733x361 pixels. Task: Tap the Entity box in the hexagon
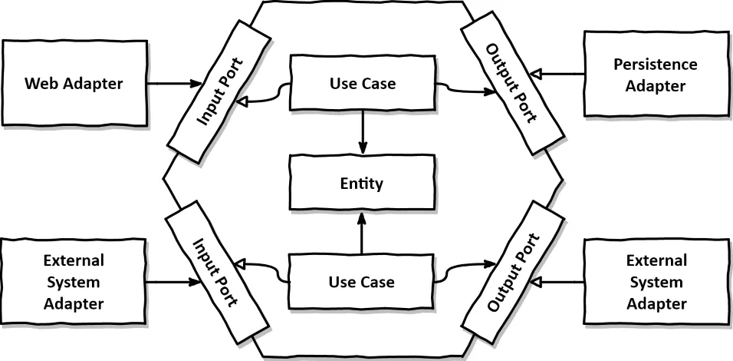click(x=362, y=183)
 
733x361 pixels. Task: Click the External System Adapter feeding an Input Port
click(x=74, y=282)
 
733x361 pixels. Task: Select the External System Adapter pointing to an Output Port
click(x=656, y=282)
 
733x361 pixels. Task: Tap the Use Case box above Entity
click(x=362, y=83)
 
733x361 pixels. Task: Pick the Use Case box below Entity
click(x=362, y=282)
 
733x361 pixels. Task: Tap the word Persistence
click(x=655, y=65)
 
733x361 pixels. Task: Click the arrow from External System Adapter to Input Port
click(x=173, y=281)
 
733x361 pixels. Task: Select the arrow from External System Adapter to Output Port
click(x=557, y=282)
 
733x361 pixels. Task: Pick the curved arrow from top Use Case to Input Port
click(x=265, y=94)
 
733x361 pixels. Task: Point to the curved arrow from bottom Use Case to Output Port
click(x=464, y=269)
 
